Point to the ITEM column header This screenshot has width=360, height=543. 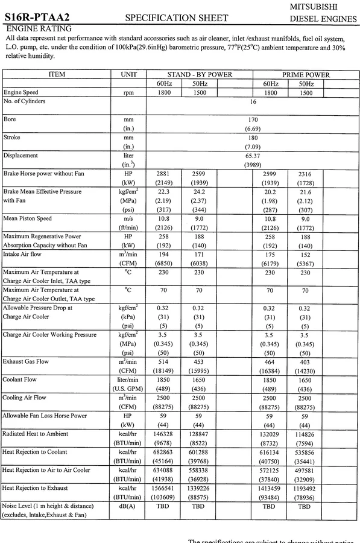[56, 75]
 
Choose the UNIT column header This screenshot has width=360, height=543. [128, 75]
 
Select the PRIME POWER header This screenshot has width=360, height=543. [306, 75]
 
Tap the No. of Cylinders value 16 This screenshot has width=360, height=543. [253, 103]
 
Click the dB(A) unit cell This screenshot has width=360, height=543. [128, 506]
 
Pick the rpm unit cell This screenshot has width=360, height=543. [128, 94]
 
